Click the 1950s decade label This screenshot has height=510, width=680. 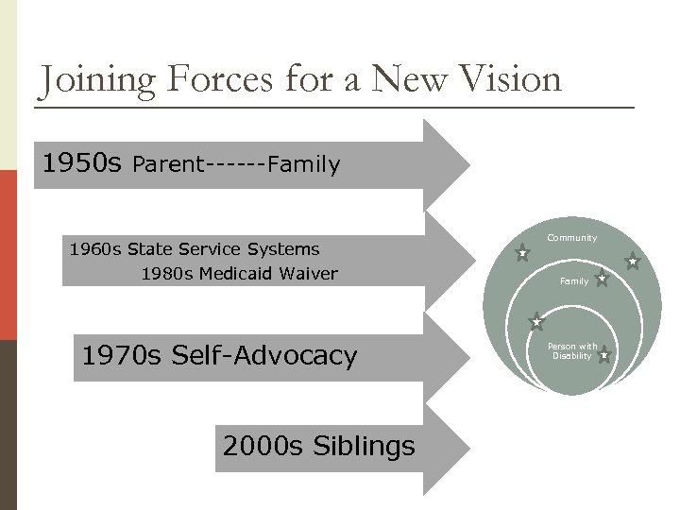pyautogui.click(x=82, y=164)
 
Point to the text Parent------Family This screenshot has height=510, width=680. pyautogui.click(x=236, y=165)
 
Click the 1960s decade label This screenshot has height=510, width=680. pyautogui.click(x=95, y=249)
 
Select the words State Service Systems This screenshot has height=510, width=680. pyautogui.click(x=224, y=249)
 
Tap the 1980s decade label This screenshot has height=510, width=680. pyautogui.click(x=167, y=274)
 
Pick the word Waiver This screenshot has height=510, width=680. pyautogui.click(x=307, y=274)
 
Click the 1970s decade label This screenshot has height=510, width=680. pyautogui.click(x=123, y=356)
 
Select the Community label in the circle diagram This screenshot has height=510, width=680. pyautogui.click(x=572, y=238)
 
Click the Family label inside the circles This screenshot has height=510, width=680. pyautogui.click(x=573, y=281)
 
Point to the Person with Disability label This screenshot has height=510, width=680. pyautogui.click(x=572, y=351)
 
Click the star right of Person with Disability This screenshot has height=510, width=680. pyautogui.click(x=603, y=355)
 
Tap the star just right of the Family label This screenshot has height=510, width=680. pyautogui.click(x=602, y=279)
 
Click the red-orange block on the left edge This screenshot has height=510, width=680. pyautogui.click(x=8, y=255)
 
